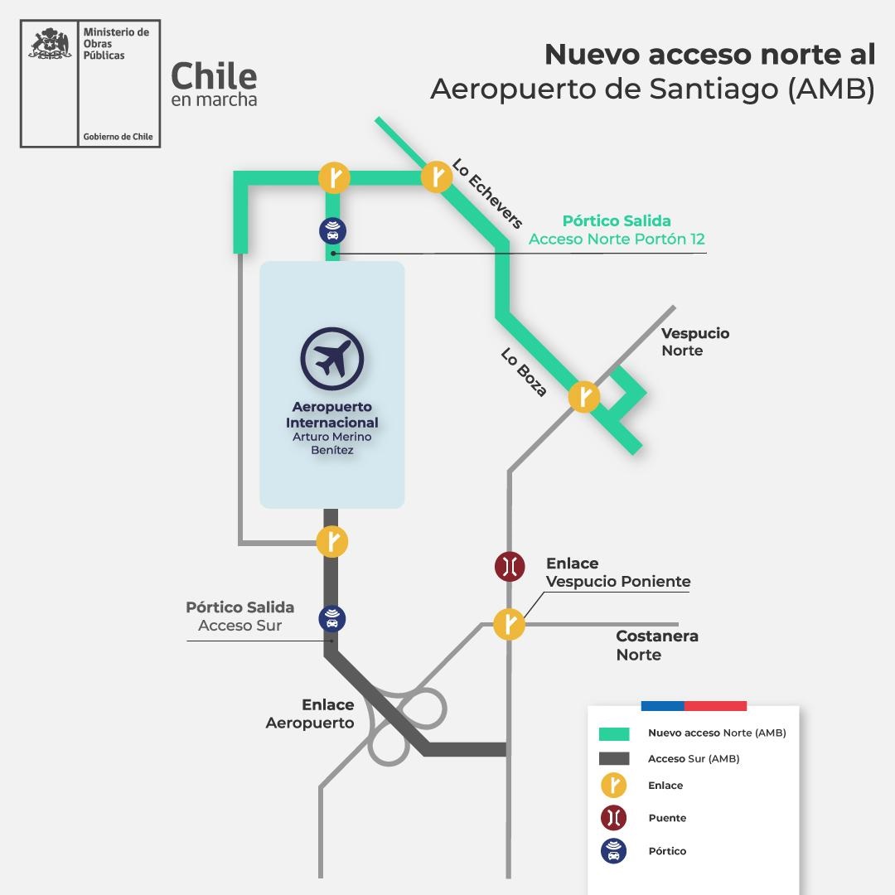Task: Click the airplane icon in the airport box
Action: (331, 359)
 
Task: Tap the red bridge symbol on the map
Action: (510, 567)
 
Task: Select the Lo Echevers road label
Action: (487, 193)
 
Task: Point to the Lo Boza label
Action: (525, 371)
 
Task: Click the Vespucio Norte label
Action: (694, 341)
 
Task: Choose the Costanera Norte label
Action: (656, 646)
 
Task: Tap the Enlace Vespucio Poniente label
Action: (617, 573)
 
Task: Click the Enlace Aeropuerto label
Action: (310, 714)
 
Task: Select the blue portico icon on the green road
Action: (332, 231)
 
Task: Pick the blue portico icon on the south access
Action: (332, 618)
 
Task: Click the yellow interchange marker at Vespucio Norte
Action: (584, 397)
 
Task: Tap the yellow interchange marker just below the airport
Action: (332, 542)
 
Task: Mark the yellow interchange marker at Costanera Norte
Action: (510, 624)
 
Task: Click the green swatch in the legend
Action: (613, 733)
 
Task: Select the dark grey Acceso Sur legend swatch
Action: (613, 758)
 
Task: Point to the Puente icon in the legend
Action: (613, 818)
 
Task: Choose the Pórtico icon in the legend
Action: (613, 851)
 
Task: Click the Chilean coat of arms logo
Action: (50, 46)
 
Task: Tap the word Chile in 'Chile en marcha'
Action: (214, 76)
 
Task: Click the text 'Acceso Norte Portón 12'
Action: (617, 239)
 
